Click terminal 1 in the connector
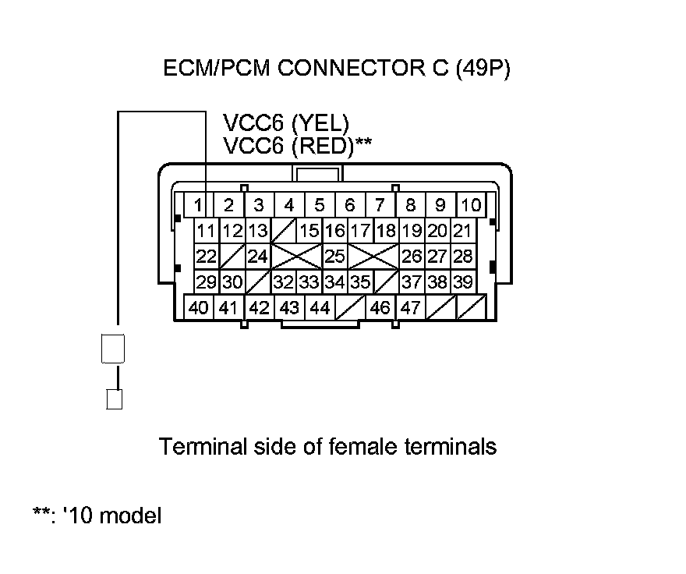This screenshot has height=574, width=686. tap(199, 205)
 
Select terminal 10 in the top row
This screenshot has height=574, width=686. tap(471, 205)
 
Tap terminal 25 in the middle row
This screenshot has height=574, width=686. tap(334, 256)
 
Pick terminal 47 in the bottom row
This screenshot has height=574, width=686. tap(410, 307)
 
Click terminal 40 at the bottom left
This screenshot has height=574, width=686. tap(199, 307)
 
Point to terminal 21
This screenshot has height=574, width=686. tap(462, 231)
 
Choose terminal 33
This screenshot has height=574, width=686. tap(309, 282)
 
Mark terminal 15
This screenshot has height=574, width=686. tap(309, 231)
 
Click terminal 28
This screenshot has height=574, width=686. tap(462, 256)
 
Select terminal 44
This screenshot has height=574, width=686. tap(320, 307)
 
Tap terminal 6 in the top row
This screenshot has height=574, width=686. tap(350, 205)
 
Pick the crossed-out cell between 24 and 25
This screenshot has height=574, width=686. tap(296, 256)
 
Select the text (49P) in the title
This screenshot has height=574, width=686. tap(480, 69)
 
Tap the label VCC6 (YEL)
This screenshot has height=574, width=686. tap(286, 122)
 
